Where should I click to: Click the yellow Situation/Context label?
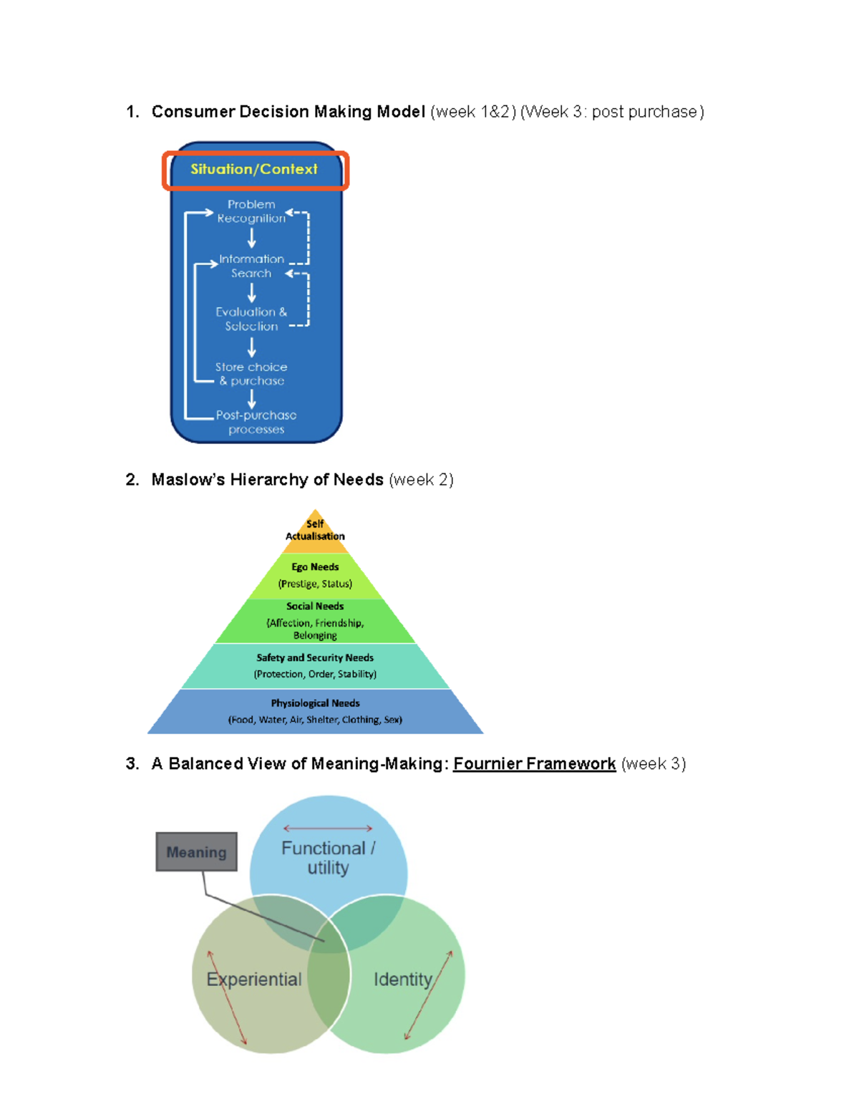(x=254, y=170)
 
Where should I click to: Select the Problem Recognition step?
(x=251, y=211)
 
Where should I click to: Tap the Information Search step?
(x=251, y=266)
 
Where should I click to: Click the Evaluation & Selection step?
(x=251, y=319)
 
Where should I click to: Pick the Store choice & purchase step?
(x=251, y=374)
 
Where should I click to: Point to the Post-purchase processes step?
(x=256, y=422)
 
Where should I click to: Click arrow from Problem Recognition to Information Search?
(x=251, y=238)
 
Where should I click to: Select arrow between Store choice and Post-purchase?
(x=251, y=398)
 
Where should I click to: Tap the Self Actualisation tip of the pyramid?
(x=315, y=530)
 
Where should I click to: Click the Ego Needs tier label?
(x=315, y=567)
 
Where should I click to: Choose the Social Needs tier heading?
(x=315, y=606)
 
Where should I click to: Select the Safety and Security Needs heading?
(x=315, y=657)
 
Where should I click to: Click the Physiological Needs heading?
(x=315, y=703)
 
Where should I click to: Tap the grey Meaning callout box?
(x=196, y=852)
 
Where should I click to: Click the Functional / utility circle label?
(x=328, y=858)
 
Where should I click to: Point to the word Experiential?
(x=254, y=980)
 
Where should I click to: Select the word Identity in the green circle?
(x=403, y=980)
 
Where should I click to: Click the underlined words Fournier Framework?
(x=534, y=764)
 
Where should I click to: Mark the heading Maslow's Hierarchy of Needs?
(x=267, y=480)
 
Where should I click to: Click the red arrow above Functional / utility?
(x=328, y=828)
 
